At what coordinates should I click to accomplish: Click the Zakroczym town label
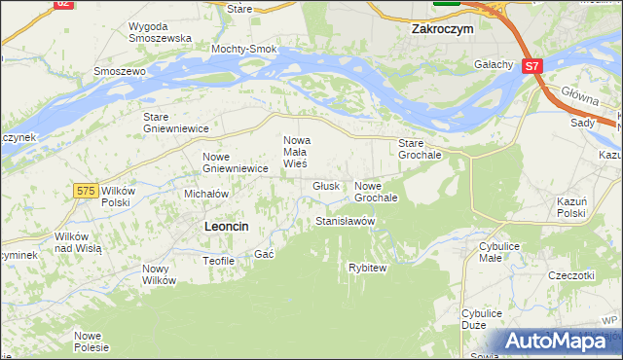coord(442,29)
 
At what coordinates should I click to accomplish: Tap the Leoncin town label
coord(226,226)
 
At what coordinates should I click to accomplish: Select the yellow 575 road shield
coord(85,192)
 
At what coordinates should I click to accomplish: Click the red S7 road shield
coord(531,66)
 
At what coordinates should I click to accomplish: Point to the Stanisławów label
coord(345,222)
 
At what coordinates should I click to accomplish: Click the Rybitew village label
coord(368,268)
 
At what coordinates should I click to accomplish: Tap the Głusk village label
coord(326,186)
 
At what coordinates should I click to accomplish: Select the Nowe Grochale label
coord(376,192)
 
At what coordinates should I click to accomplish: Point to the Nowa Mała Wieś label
coord(296,152)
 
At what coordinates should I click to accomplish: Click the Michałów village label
coord(206,194)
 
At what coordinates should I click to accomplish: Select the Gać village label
coord(263,254)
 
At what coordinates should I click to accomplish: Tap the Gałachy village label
coord(494,64)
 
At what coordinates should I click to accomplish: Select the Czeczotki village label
coord(570,275)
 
